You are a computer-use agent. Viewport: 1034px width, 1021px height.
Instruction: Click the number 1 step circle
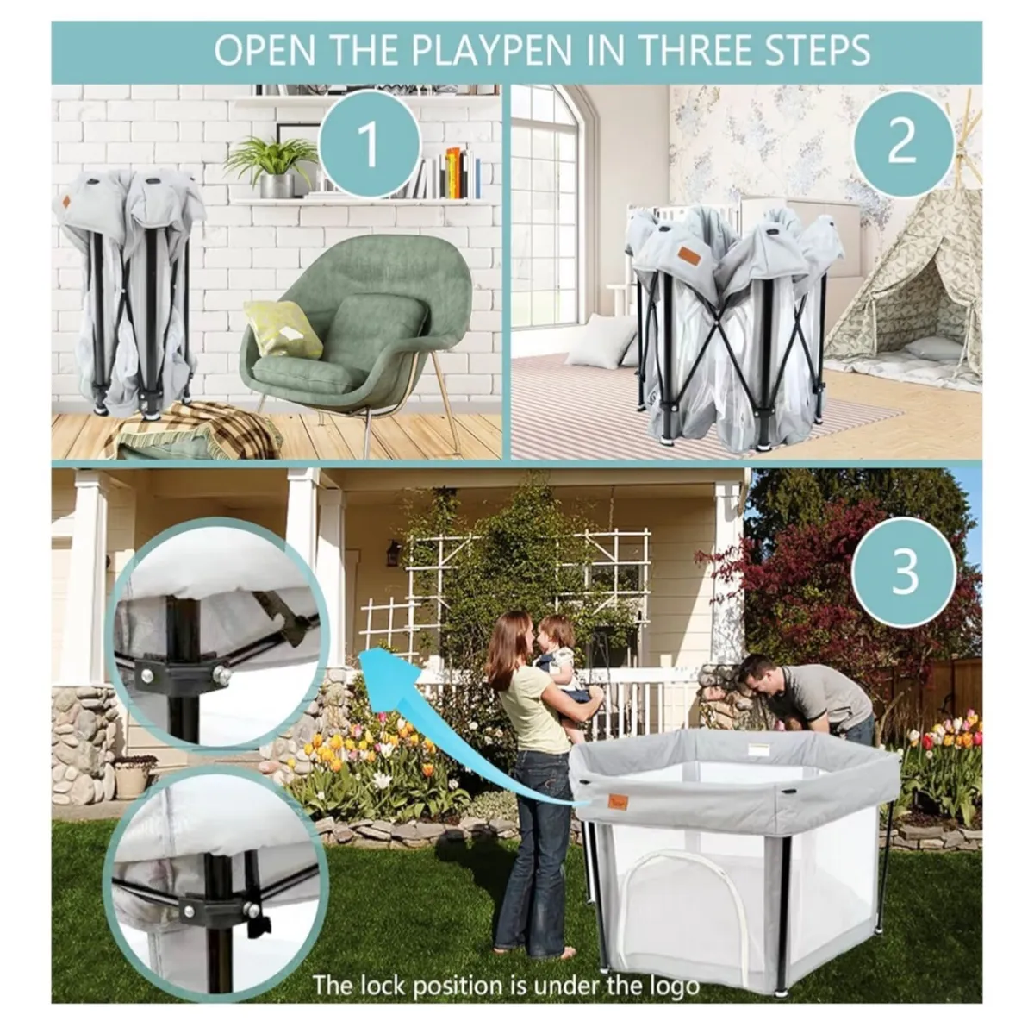368,143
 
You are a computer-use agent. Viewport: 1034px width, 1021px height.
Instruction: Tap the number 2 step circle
901,141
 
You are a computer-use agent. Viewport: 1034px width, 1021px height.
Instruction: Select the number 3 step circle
904,569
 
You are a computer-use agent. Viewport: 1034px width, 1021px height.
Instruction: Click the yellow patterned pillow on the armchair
283,329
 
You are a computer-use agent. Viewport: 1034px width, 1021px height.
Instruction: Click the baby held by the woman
560,655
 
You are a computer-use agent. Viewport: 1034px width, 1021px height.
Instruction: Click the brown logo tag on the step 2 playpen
688,256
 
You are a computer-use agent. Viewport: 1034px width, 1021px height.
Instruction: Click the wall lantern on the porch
394,553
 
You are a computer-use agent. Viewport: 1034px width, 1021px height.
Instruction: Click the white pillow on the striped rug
601,341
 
